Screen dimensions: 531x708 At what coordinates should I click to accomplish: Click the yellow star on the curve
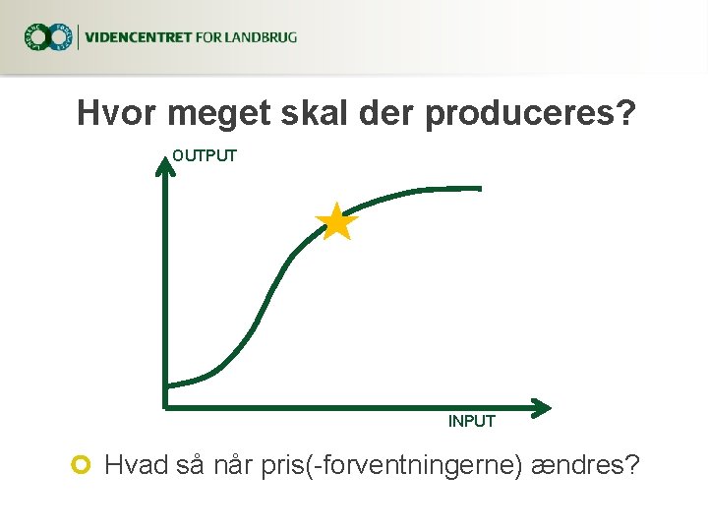point(336,222)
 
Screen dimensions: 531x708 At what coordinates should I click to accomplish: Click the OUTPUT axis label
point(205,155)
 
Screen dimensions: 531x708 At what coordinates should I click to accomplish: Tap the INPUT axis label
point(472,421)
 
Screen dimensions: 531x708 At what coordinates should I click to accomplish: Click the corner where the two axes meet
point(166,403)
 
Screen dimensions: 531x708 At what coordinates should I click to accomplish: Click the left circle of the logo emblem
point(36,37)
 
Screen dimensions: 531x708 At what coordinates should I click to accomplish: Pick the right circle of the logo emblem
point(61,37)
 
